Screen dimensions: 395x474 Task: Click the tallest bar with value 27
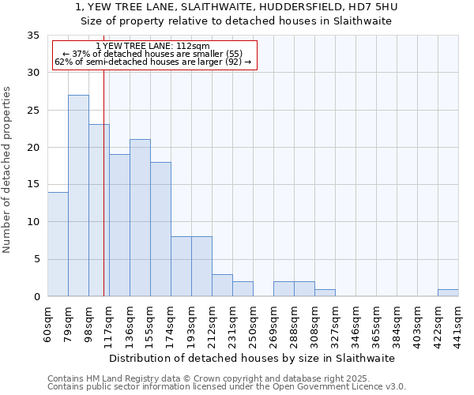pos(78,196)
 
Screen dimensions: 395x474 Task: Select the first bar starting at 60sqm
pos(58,244)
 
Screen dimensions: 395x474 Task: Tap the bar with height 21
pos(140,218)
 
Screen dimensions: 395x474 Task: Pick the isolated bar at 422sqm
pos(448,292)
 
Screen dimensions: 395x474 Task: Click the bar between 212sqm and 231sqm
pos(222,285)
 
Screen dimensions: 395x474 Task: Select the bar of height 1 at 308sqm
pos(325,292)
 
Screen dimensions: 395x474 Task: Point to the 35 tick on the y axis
pos(32,36)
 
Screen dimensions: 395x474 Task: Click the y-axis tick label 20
pos(32,148)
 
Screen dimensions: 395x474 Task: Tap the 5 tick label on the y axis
pos(36,260)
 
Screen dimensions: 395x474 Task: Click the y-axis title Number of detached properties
pos(8,170)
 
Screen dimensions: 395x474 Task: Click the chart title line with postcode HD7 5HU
pos(236,7)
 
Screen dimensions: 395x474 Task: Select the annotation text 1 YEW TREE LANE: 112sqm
pos(152,47)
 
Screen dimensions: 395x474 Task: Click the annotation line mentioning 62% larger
pos(152,62)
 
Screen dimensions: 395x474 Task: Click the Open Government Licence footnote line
pos(227,387)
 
